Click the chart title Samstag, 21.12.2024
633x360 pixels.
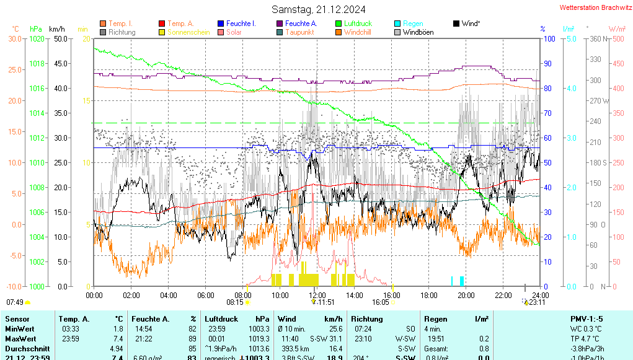click(x=319, y=9)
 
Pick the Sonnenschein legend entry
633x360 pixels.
click(x=188, y=32)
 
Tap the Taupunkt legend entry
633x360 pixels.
click(x=300, y=32)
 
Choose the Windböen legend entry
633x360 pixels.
click(x=418, y=32)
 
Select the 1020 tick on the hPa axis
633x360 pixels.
click(x=37, y=38)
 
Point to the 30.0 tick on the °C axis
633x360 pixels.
click(x=14, y=38)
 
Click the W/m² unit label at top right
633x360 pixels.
click(x=617, y=29)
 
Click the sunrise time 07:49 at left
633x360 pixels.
click(x=14, y=302)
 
